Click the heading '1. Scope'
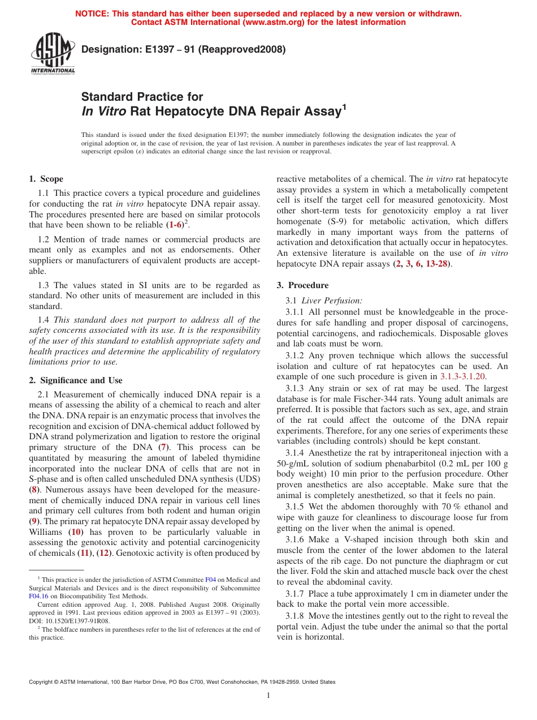coord(46,179)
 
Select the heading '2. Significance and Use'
coord(75,380)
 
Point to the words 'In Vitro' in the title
coord(104,112)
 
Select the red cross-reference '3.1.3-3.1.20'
coord(462,376)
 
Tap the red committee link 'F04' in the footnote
coord(210,580)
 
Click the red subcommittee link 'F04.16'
coord(39,596)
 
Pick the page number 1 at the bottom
coord(268,696)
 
